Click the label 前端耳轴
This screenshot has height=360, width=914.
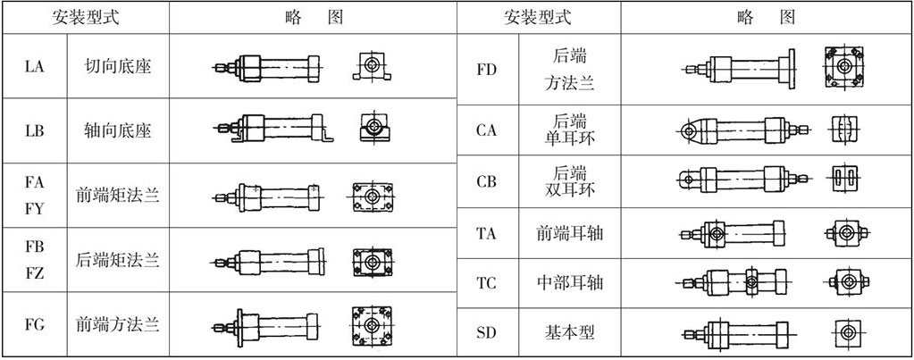coord(571,233)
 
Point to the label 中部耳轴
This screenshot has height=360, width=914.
coord(571,283)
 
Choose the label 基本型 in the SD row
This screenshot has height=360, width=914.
coord(571,333)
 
